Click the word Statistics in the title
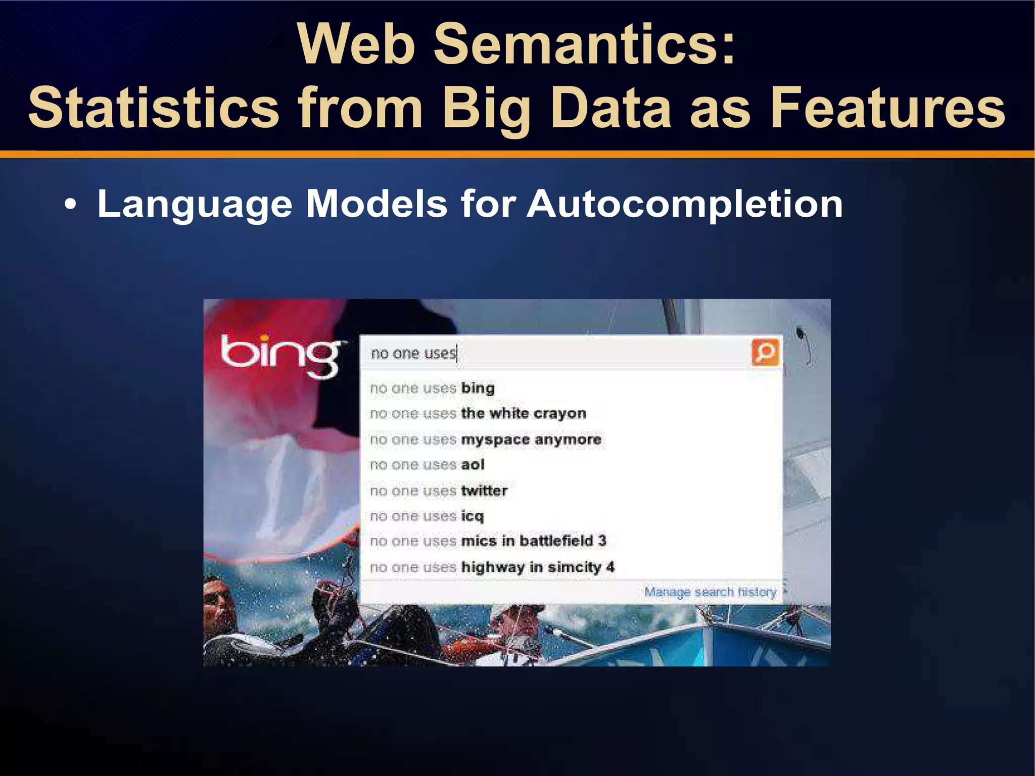[x=154, y=108]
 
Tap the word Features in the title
[x=887, y=108]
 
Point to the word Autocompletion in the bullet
[x=684, y=204]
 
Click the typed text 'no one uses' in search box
[x=413, y=353]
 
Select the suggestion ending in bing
[x=432, y=388]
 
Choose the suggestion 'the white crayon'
[x=478, y=413]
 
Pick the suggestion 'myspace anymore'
[x=485, y=439]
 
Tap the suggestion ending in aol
[x=427, y=464]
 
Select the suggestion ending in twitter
[x=438, y=490]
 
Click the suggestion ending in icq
[x=427, y=516]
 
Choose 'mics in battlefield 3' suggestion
[x=488, y=541]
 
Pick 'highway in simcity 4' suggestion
[x=492, y=567]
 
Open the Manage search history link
[x=710, y=592]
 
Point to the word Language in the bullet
[x=195, y=204]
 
